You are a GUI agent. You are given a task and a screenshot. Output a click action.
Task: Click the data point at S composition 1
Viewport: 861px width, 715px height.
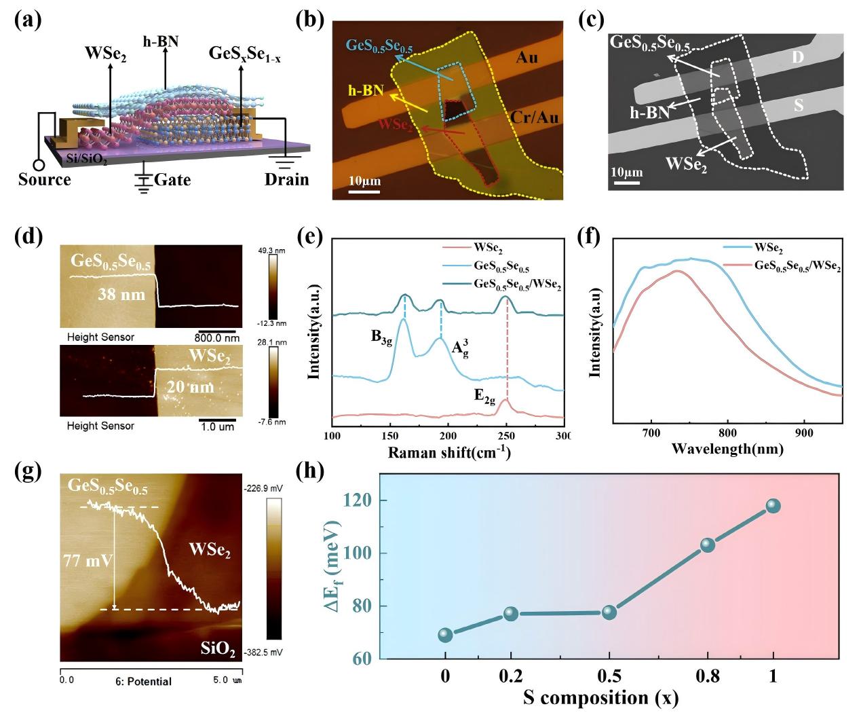click(773, 506)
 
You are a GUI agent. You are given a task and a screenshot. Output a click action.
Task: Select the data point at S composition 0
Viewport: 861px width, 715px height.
click(445, 635)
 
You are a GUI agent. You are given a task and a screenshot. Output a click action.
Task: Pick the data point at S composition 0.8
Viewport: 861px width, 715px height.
click(708, 545)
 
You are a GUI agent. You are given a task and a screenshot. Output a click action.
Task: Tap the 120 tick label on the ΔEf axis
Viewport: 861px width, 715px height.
click(360, 500)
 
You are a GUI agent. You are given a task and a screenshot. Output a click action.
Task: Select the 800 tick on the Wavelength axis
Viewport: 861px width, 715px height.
click(727, 431)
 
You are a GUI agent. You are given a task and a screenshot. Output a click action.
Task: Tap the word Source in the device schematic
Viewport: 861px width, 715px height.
click(44, 179)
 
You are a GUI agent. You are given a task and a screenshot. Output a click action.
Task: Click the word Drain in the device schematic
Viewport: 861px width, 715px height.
click(286, 179)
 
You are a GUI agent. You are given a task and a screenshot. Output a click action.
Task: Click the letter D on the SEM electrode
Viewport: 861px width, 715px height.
click(798, 57)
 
